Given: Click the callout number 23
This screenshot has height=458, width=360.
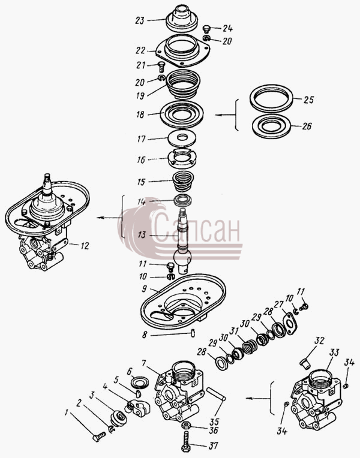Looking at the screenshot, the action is [140, 21].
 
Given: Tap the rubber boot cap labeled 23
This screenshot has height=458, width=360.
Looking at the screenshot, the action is [182, 18].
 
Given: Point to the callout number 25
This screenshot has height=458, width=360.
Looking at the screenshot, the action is [308, 100].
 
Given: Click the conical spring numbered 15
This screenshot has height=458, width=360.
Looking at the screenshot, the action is [183, 180].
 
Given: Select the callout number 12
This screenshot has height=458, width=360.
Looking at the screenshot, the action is [85, 246].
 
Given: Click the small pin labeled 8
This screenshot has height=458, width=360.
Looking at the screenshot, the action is [193, 333].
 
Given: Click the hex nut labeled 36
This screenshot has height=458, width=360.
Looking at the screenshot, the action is [186, 425].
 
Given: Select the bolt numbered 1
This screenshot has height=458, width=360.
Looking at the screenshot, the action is [99, 436].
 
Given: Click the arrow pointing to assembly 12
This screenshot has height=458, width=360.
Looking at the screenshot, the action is [108, 218].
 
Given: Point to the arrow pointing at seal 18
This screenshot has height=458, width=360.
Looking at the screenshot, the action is [225, 115].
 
